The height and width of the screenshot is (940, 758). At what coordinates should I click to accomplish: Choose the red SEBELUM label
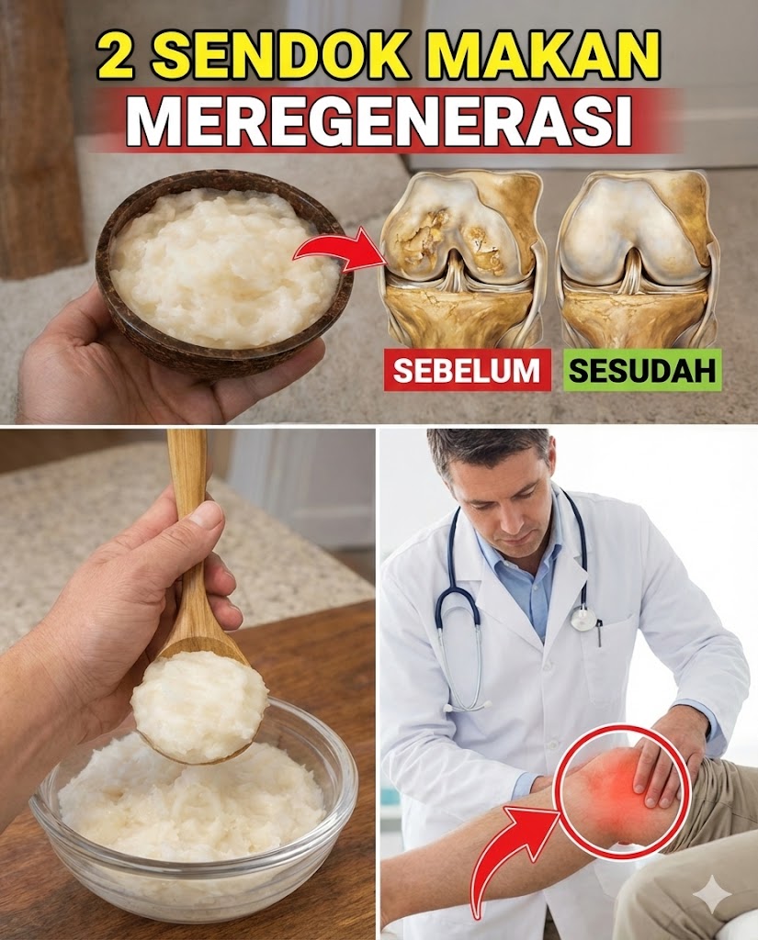(x=467, y=371)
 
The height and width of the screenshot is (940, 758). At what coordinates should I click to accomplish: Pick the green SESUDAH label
(x=642, y=371)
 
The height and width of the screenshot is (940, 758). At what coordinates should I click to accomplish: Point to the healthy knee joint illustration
(x=638, y=262)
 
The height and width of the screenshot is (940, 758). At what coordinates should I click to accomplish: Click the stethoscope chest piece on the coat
(x=583, y=618)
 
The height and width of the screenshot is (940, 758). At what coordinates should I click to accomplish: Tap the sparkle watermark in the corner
(x=712, y=895)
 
